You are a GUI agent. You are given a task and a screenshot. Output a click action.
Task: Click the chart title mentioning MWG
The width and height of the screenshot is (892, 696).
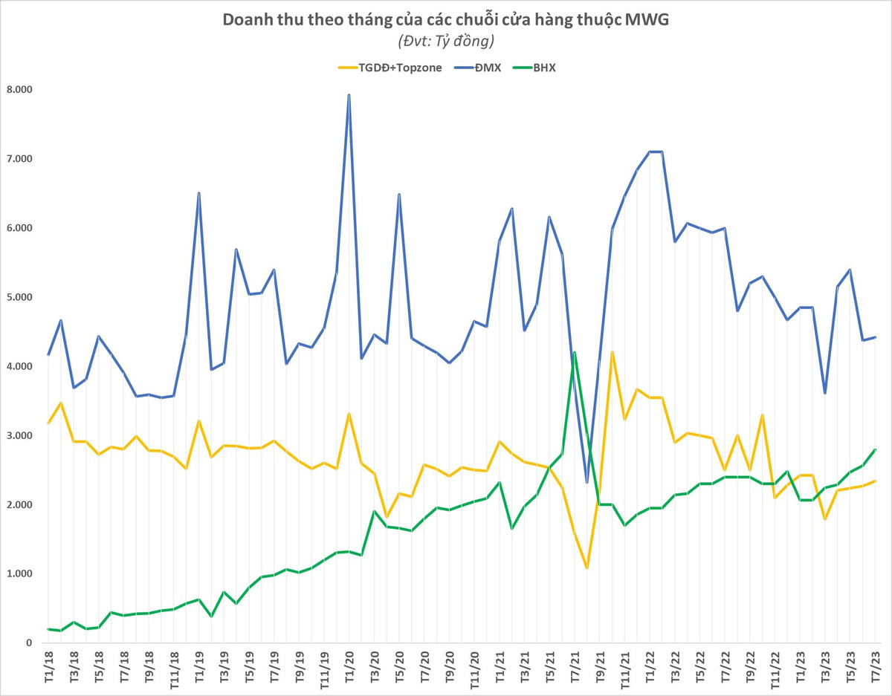445,20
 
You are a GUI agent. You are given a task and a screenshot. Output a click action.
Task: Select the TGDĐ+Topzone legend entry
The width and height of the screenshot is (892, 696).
390,68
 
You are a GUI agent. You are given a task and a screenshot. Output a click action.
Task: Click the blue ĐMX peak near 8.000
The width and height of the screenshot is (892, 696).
349,95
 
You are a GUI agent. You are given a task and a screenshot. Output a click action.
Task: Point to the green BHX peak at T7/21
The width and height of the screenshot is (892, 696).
574,352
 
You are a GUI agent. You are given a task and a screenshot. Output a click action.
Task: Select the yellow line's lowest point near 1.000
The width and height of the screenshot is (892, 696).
586,568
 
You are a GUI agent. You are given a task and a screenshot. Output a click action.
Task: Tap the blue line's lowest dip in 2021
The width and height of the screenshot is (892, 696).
586,483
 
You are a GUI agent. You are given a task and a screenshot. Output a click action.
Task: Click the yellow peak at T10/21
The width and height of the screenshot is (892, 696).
612,352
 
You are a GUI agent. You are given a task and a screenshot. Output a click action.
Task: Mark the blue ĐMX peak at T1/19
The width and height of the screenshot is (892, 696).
198,193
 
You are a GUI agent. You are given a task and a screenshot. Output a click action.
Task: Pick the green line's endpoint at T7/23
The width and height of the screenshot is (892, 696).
875,449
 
